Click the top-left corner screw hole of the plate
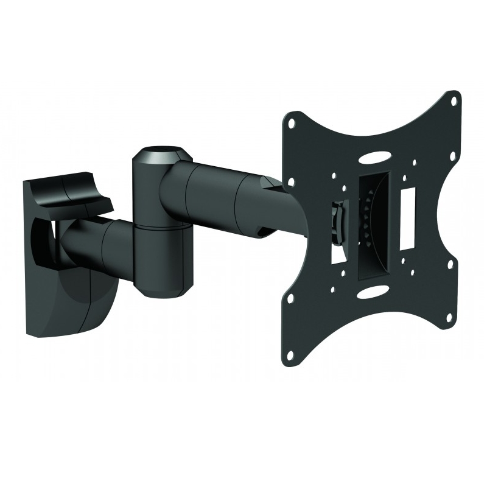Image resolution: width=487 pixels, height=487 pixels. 293,122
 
